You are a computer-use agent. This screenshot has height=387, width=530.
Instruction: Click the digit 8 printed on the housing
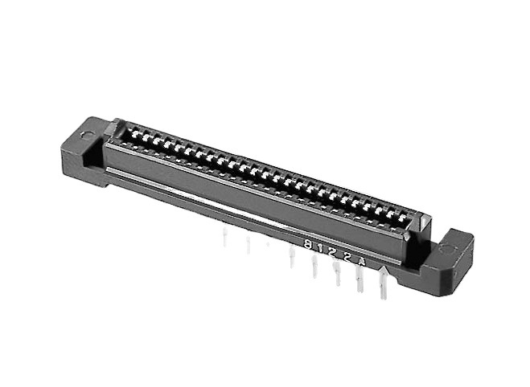point(309,243)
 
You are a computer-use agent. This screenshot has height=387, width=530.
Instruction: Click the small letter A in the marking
point(362,260)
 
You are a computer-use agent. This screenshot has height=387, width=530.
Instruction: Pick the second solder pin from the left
point(248,244)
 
